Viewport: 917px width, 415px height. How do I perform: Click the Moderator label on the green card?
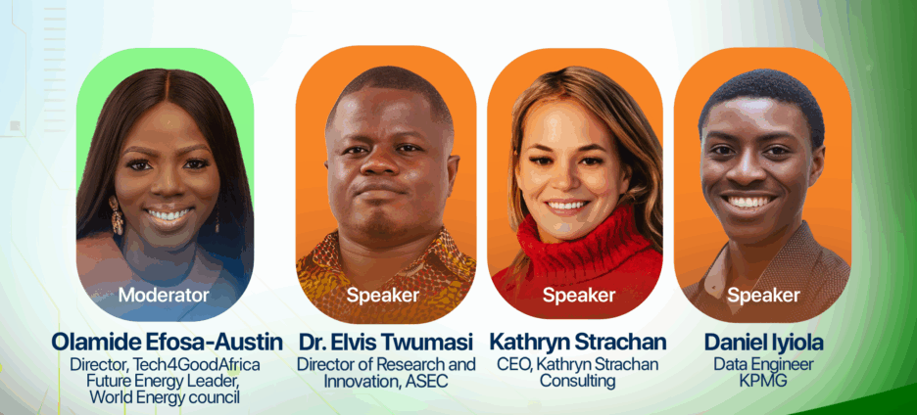click(164, 295)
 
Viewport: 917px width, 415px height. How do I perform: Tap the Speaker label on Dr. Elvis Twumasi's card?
click(382, 295)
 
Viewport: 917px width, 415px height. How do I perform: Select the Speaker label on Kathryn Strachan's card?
click(578, 295)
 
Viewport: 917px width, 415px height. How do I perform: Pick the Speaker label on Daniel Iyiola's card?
click(763, 295)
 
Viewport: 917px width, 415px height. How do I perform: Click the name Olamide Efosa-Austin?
click(167, 342)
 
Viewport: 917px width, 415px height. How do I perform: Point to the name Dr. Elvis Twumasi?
click(387, 342)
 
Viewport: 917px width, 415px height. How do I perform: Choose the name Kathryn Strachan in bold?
click(578, 342)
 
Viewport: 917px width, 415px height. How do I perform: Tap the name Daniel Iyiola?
click(763, 342)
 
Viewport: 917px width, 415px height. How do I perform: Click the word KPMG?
click(762, 381)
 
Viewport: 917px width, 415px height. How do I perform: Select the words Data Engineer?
click(763, 365)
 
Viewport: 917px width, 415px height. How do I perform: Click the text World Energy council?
click(165, 397)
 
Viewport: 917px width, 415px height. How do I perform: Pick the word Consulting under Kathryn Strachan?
click(577, 381)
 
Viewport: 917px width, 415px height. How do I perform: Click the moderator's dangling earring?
click(116, 215)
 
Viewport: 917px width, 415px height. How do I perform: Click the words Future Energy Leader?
click(156, 381)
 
